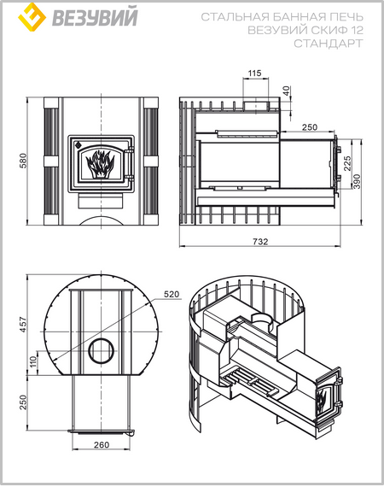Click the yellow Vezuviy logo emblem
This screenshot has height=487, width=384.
[32, 17]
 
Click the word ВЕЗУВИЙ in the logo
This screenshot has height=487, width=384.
[95, 18]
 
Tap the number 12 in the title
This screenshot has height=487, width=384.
[357, 30]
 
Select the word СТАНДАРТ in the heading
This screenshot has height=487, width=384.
[329, 44]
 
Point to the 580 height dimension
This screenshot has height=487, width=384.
[24, 161]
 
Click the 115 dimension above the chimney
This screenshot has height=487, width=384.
[254, 73]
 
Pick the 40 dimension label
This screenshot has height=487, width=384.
[287, 91]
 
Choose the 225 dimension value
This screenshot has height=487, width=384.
[347, 163]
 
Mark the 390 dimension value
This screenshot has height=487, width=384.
[357, 181]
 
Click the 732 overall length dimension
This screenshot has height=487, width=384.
[260, 241]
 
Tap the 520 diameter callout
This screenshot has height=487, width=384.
[172, 294]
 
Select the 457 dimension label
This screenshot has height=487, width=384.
[24, 325]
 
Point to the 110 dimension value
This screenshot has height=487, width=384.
[33, 361]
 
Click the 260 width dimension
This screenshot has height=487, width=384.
[102, 445]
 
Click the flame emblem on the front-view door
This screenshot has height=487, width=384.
[100, 164]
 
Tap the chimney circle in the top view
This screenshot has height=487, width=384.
[101, 350]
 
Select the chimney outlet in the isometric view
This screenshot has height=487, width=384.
[262, 320]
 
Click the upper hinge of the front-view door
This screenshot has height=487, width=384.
[131, 150]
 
